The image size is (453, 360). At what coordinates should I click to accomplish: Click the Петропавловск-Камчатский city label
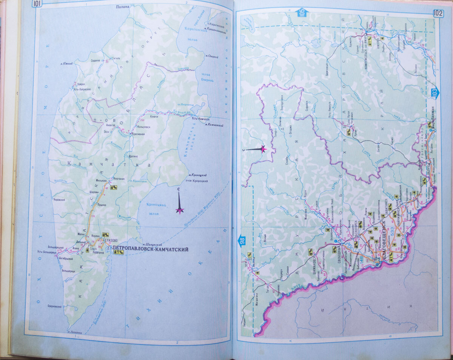pyautogui.click(x=150, y=249)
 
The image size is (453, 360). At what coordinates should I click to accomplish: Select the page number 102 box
pyautogui.click(x=438, y=13)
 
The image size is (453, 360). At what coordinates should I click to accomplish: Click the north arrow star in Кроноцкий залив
pyautogui.click(x=180, y=210)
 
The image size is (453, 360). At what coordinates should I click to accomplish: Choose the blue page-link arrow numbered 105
pyautogui.click(x=302, y=14)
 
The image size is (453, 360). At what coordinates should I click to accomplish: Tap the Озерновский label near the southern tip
pyautogui.click(x=55, y=306)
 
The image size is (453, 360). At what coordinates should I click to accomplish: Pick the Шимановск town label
pyautogui.click(x=313, y=262)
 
